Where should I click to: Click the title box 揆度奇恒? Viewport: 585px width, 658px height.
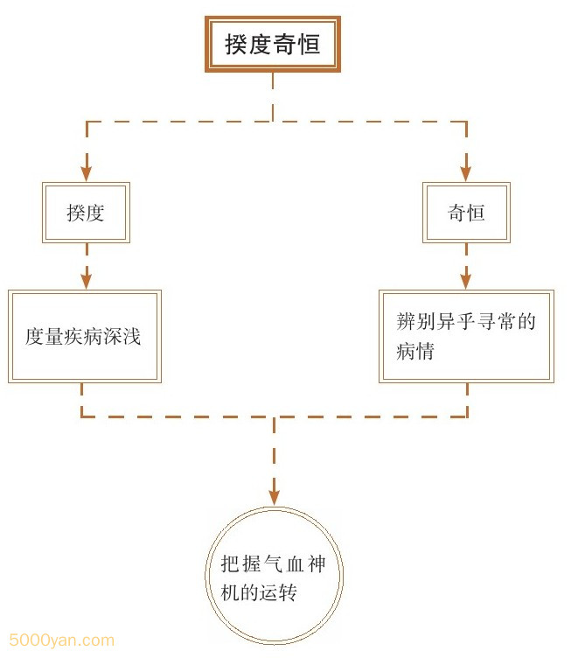[273, 44]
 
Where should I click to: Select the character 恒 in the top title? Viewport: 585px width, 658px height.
[309, 45]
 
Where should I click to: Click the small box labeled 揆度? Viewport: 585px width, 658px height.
[86, 213]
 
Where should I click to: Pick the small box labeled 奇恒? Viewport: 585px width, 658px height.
[466, 213]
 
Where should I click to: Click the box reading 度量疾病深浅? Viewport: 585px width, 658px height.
[86, 336]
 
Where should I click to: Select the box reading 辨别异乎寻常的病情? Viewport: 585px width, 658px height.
[466, 336]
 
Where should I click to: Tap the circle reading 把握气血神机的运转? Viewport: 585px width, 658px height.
[274, 577]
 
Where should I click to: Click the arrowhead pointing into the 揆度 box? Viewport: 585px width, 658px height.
[86, 172]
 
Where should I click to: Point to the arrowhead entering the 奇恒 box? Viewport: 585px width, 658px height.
[466, 172]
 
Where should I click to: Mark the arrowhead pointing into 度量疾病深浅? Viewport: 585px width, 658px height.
[86, 280]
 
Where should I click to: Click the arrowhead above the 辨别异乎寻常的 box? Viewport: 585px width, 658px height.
[466, 280]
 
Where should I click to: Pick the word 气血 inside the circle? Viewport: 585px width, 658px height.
[274, 564]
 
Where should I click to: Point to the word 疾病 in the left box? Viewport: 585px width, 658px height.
[86, 337]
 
